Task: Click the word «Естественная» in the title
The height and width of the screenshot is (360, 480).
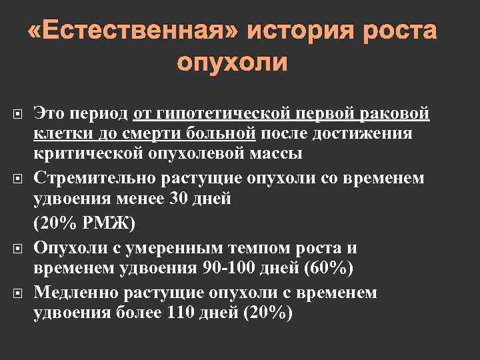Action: click(x=133, y=31)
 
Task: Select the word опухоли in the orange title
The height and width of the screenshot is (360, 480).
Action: click(x=232, y=63)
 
